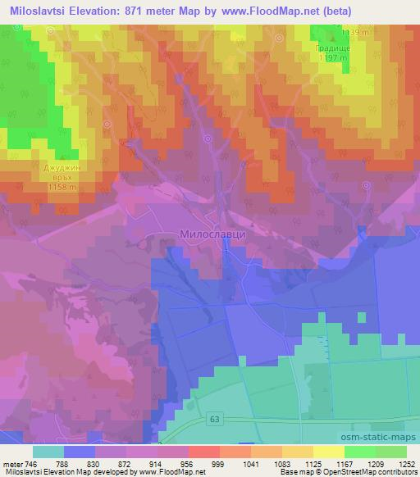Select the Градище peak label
[x=332, y=48]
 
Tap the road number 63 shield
[x=215, y=417]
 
